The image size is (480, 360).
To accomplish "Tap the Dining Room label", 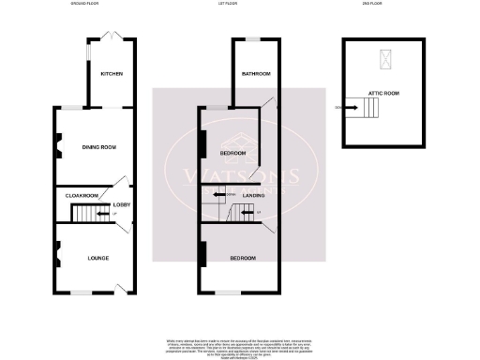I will coord(98,146).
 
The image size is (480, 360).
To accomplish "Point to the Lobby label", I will coord(121,203).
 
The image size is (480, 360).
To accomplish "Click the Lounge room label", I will coord(98,257).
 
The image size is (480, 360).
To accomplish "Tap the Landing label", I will coord(253,195).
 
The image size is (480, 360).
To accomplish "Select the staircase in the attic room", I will coord(373,110).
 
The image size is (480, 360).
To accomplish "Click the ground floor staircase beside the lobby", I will coord(91,216).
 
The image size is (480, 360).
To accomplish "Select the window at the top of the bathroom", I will coord(253,38).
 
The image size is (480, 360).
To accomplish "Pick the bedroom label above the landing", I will coord(232,153).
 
